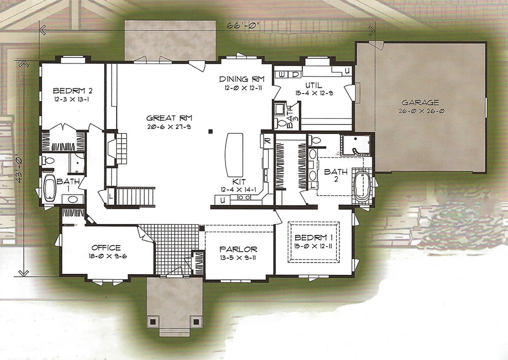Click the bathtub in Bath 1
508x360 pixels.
coord(50,188)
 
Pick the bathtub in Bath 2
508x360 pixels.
coord(362,186)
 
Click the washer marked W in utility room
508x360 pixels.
coord(282,74)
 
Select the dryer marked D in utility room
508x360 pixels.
coord(295,74)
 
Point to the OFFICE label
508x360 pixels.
coord(106,248)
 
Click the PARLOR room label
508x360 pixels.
coord(238,249)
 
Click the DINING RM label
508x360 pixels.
coord(242,79)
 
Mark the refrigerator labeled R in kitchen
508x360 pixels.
coord(267,141)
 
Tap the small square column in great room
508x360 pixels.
coord(211,132)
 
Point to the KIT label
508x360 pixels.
coord(241,182)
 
